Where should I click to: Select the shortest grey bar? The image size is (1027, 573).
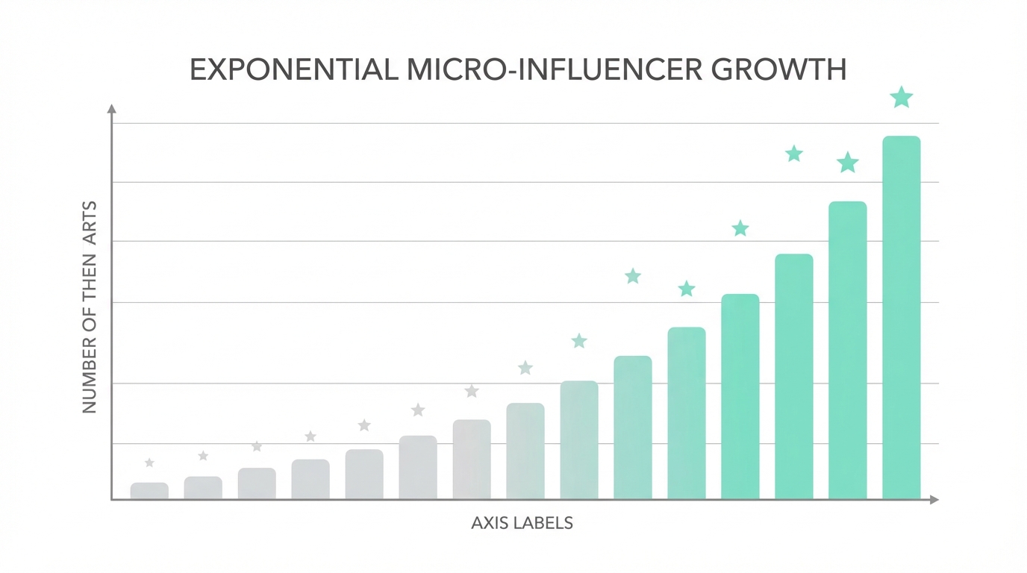[149, 491]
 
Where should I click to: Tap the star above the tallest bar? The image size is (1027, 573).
[902, 97]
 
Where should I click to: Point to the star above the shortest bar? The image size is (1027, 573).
[149, 463]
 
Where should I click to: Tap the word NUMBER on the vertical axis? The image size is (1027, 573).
[90, 381]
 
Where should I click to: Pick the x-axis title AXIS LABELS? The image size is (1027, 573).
[522, 523]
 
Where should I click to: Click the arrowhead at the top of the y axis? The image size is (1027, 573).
[112, 109]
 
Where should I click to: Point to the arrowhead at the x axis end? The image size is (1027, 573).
[934, 500]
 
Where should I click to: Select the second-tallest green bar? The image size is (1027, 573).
[848, 350]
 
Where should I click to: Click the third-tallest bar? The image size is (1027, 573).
[794, 376]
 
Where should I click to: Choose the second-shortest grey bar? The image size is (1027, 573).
[203, 488]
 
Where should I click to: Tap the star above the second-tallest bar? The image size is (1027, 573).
[848, 163]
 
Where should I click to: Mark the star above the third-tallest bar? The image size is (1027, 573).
[794, 154]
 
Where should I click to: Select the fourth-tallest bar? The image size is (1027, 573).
[740, 396]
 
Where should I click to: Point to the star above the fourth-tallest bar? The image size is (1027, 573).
[740, 228]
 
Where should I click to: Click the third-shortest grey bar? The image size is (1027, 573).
[257, 483]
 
